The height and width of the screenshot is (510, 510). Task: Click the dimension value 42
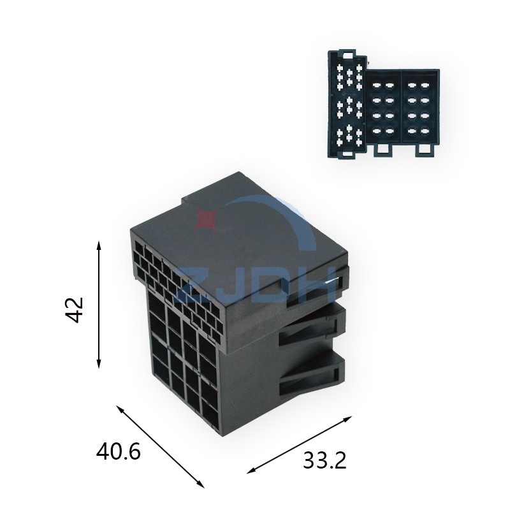click(75, 310)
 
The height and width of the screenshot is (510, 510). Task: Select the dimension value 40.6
click(119, 452)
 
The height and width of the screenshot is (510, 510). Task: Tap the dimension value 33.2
click(324, 460)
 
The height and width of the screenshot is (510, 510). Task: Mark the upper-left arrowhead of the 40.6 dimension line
click(120, 409)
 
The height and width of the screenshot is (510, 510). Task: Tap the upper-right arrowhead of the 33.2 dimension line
click(347, 418)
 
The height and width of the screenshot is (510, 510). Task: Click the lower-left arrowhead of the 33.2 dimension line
click(252, 470)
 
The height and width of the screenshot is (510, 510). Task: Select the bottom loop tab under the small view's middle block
click(383, 150)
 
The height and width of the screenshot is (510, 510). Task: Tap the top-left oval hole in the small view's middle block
click(377, 86)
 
